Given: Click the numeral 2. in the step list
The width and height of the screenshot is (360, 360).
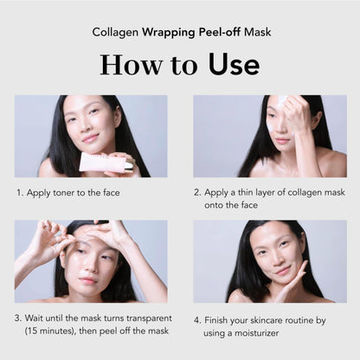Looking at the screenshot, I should [x=197, y=193].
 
